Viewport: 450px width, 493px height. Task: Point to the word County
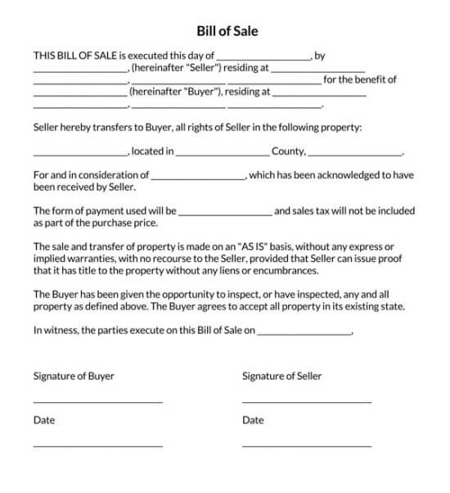pyautogui.click(x=288, y=151)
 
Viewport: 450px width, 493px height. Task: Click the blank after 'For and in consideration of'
pyautogui.click(x=199, y=178)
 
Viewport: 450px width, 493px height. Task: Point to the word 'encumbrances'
pyautogui.click(x=286, y=269)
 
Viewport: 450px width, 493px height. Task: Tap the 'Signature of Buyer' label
pyautogui.click(x=74, y=376)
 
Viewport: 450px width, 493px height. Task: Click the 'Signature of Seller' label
pyautogui.click(x=282, y=376)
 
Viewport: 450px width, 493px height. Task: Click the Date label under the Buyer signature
pyautogui.click(x=44, y=420)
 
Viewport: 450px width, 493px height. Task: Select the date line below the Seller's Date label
pyautogui.click(x=307, y=446)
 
